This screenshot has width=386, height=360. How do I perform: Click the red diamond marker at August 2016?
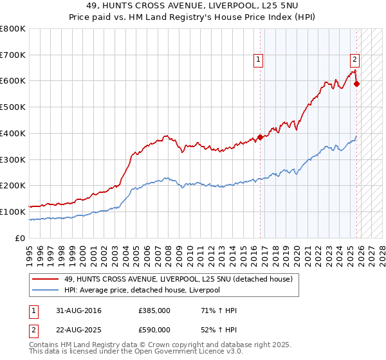click(x=260, y=138)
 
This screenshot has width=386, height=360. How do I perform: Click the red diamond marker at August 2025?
click(x=356, y=84)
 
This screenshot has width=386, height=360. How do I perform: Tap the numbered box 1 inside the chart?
click(x=258, y=60)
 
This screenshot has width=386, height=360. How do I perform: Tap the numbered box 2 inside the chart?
click(x=354, y=60)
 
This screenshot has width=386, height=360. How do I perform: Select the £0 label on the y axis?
click(x=20, y=238)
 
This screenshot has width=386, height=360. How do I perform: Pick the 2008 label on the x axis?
click(x=169, y=256)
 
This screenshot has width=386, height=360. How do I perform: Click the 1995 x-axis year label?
click(x=30, y=256)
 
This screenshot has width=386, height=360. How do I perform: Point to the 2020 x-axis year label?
click(x=297, y=256)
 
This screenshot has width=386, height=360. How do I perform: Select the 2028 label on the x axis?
click(x=382, y=256)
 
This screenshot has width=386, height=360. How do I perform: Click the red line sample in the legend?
click(x=45, y=279)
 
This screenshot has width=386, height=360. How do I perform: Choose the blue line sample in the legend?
click(x=45, y=290)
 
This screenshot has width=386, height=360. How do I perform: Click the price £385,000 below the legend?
click(x=154, y=310)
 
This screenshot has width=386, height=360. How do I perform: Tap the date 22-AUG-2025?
click(x=78, y=330)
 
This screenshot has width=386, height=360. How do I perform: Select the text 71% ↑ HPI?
click(x=219, y=310)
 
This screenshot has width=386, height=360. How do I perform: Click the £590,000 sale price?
click(x=154, y=330)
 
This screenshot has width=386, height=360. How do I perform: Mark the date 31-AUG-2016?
click(x=78, y=310)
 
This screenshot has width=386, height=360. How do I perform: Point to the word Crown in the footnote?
click(x=157, y=345)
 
